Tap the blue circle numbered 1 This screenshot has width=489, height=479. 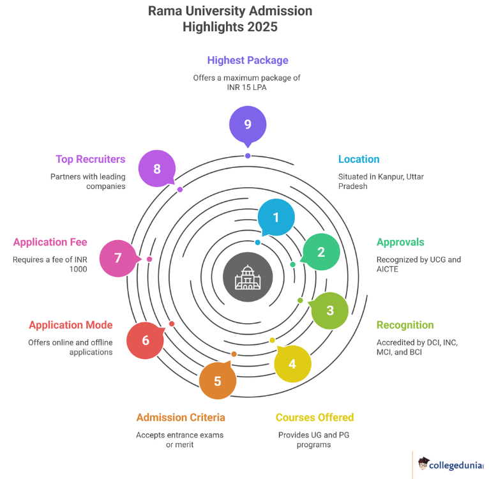(x=276, y=217)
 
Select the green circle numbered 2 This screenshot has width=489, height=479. (x=321, y=252)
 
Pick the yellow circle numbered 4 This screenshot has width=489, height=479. (x=292, y=364)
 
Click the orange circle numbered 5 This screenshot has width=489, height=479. (x=217, y=381)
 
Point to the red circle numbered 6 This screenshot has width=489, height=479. (x=146, y=340)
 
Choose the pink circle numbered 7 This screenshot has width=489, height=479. (x=118, y=258)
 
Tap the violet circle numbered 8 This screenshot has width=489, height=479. (x=157, y=169)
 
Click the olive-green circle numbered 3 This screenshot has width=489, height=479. (x=329, y=310)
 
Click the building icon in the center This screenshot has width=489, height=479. (x=248, y=278)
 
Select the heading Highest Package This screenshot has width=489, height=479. (x=248, y=61)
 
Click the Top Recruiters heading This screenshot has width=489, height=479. (x=90, y=159)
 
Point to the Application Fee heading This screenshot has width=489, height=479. (x=50, y=242)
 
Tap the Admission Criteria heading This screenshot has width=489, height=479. (x=181, y=418)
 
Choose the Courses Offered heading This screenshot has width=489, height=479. (x=314, y=418)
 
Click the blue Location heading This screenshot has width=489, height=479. (x=359, y=159)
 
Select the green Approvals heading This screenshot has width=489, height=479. (x=400, y=242)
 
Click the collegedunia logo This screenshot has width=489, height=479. (x=449, y=464)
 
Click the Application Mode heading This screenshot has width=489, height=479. (x=71, y=325)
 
